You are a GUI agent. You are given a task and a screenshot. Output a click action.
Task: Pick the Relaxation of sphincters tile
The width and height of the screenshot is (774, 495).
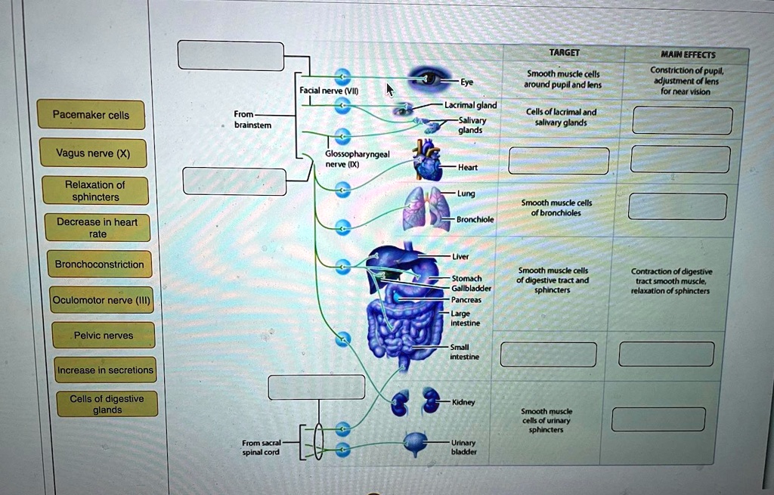pos(94,190)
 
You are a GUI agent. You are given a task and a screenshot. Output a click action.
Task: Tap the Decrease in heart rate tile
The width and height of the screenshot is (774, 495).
pos(97,227)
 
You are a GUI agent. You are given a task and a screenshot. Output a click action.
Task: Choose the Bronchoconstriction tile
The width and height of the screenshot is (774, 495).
pos(99,265)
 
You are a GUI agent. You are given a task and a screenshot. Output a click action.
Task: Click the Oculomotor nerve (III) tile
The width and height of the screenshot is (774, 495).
pos(101,300)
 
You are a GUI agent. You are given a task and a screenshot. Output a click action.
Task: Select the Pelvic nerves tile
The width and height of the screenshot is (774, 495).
pos(104,336)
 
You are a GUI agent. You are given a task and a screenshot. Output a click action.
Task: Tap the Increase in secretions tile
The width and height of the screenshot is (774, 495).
pos(105,370)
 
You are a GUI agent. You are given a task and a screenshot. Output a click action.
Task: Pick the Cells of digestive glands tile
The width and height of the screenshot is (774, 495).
pos(107,404)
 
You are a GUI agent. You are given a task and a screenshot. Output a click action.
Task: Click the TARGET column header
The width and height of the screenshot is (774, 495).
pos(565,53)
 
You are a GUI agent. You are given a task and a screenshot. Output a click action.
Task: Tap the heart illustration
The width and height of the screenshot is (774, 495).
pos(429,162)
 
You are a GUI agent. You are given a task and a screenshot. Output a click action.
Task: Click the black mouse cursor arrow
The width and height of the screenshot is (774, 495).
pos(390,90)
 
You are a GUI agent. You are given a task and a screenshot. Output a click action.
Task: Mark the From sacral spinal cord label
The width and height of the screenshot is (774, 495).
pos(262,447)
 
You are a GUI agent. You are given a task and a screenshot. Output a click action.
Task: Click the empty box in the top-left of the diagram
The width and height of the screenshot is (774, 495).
pos(231,55)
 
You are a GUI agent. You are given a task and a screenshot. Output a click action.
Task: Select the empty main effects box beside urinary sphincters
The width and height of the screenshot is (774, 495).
pos(658,419)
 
